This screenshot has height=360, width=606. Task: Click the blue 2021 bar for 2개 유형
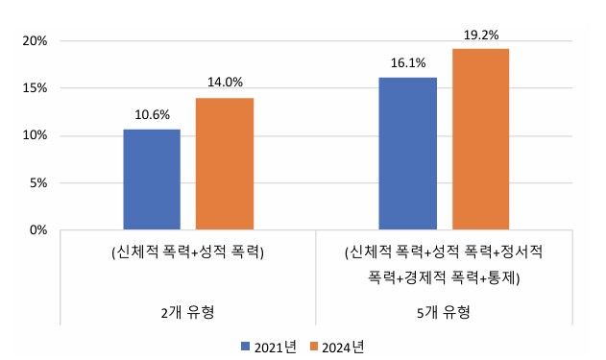(x=152, y=180)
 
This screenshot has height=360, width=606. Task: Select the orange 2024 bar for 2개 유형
(x=226, y=163)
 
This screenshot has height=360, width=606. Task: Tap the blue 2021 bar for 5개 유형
(x=407, y=154)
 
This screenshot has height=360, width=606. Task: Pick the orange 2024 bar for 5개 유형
(x=480, y=139)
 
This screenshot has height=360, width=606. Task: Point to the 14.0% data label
(x=226, y=83)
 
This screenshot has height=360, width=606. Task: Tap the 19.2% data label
(x=480, y=34)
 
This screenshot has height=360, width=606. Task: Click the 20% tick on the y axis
(x=36, y=41)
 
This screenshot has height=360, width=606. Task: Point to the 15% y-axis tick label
(x=36, y=88)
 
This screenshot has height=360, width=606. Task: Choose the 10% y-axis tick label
(x=36, y=135)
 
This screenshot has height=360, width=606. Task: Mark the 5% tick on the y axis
(x=38, y=182)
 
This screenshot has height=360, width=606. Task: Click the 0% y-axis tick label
(x=38, y=229)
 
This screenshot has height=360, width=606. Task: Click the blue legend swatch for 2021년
(x=246, y=346)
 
